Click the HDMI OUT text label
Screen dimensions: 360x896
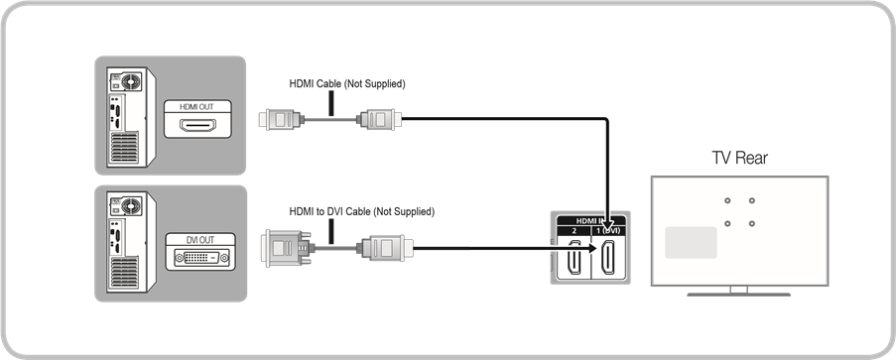coord(194,107)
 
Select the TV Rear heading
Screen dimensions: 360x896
coord(739,159)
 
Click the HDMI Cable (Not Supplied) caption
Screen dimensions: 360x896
coord(347,84)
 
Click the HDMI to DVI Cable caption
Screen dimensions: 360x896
coord(361,211)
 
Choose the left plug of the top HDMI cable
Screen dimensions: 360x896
coord(277,120)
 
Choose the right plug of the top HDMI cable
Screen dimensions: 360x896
coord(380,120)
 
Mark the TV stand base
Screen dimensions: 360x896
coord(739,291)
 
